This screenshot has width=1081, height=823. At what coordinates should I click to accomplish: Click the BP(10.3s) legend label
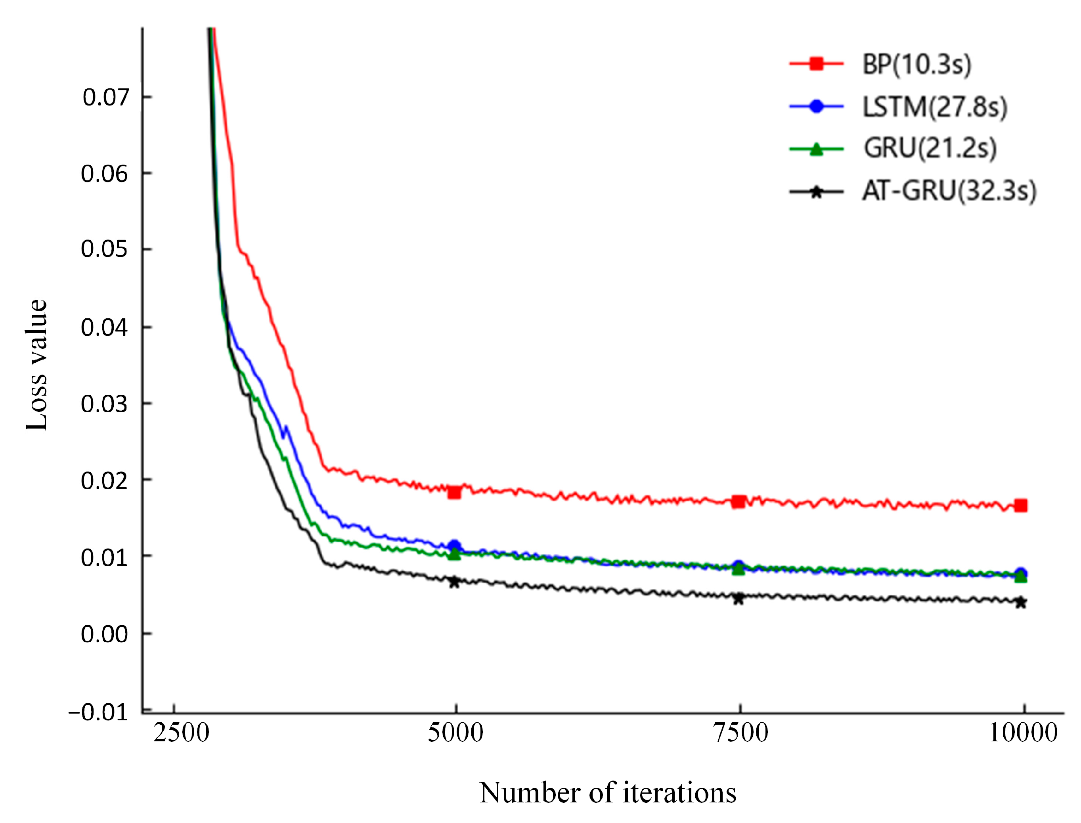(916, 64)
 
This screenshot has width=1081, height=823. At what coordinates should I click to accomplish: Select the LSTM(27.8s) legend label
(934, 107)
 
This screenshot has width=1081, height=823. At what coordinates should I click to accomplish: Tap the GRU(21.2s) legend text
(929, 148)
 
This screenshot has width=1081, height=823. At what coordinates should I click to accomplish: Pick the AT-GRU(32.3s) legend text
(949, 191)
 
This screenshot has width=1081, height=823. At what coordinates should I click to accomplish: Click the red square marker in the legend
(816, 64)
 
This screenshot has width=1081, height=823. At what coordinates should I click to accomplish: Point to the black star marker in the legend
(816, 192)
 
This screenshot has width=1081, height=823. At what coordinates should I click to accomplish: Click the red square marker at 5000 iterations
(454, 492)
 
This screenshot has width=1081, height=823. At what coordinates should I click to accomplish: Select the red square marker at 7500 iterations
(739, 501)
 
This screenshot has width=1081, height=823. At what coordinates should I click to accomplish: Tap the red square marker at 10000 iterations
(1021, 505)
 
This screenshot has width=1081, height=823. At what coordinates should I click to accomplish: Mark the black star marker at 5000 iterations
(454, 582)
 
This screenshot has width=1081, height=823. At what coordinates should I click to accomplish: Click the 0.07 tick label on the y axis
(105, 98)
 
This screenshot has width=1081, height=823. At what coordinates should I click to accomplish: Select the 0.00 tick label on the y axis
(104, 634)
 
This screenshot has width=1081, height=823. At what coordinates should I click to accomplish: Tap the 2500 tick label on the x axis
(181, 733)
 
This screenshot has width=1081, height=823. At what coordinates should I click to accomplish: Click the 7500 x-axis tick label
(740, 733)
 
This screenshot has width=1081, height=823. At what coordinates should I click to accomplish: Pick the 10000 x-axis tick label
(1023, 733)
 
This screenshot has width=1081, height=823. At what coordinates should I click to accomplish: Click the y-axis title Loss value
(37, 365)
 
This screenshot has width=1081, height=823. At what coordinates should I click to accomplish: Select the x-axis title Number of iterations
(607, 792)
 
